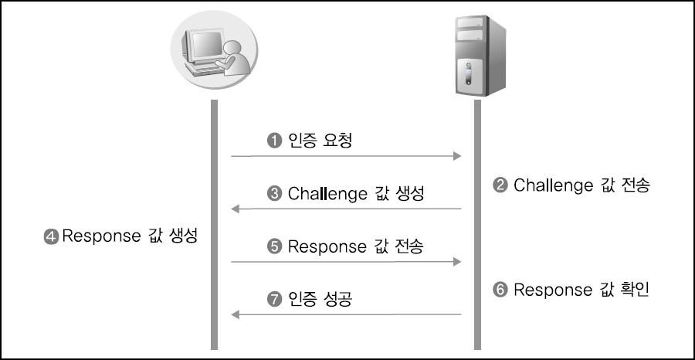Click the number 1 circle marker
(x=273, y=141)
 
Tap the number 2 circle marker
(x=500, y=185)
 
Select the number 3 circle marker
(x=273, y=194)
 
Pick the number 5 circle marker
(x=273, y=247)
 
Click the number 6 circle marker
(x=500, y=290)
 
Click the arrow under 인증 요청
(x=346, y=157)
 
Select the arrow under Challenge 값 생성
(x=346, y=209)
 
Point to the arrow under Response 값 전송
(x=346, y=263)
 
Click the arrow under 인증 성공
(x=346, y=315)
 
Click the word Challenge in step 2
(x=552, y=185)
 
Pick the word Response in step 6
(x=551, y=290)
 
